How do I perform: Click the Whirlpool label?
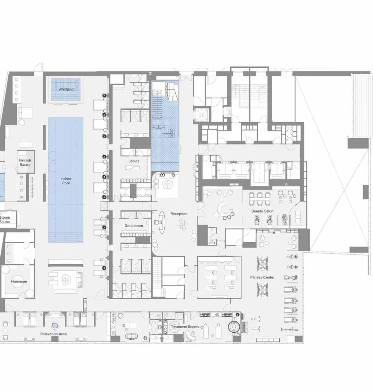[x=66, y=89]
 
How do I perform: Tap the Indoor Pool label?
[x=66, y=181]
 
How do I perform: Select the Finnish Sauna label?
[x=25, y=162]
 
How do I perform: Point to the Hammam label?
[x=19, y=281]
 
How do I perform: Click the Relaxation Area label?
[x=53, y=334]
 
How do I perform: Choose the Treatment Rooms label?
[x=185, y=327]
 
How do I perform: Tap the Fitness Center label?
[x=262, y=277]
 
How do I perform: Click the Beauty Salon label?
[x=262, y=211]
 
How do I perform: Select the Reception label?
[x=179, y=214]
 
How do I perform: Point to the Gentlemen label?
[x=134, y=226]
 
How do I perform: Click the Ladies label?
[x=133, y=161]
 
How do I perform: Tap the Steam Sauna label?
[x=5, y=219]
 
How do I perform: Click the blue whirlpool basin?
[x=65, y=89]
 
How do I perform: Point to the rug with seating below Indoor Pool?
[x=65, y=280]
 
